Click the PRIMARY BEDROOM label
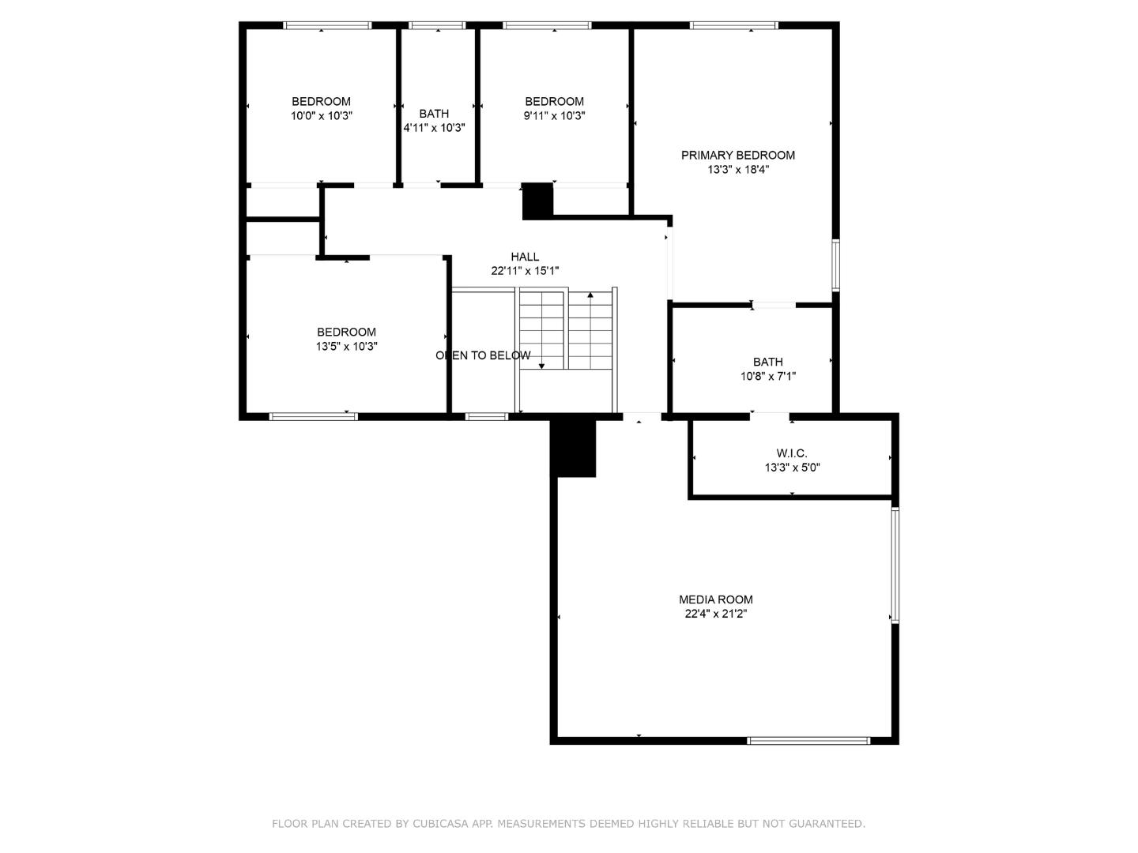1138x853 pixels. click(x=737, y=155)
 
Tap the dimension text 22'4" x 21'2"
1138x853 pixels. click(x=715, y=614)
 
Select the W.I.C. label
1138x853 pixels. click(x=791, y=453)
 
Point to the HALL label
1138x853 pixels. click(x=525, y=256)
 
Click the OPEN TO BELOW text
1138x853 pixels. click(x=483, y=355)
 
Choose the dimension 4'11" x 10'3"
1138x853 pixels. click(x=434, y=128)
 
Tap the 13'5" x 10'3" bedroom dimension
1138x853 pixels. click(x=346, y=346)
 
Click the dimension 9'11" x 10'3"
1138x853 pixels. click(x=554, y=115)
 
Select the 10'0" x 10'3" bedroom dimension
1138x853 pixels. click(x=321, y=115)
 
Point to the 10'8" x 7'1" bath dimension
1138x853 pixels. click(x=767, y=376)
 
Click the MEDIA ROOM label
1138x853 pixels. click(x=715, y=599)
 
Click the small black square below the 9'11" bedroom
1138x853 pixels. click(x=537, y=200)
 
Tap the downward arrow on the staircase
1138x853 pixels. click(x=542, y=366)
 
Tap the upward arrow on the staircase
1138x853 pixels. click(x=590, y=295)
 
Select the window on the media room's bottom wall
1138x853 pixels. click(x=808, y=741)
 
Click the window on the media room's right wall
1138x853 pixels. click(x=895, y=565)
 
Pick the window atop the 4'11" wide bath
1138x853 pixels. click(x=437, y=26)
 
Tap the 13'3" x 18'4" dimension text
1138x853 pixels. click(x=737, y=169)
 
